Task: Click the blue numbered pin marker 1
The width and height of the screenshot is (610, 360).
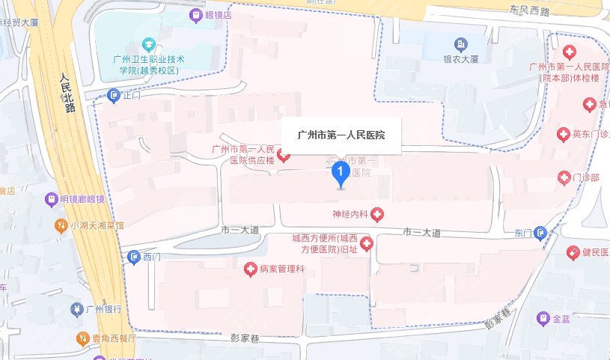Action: tap(341, 175)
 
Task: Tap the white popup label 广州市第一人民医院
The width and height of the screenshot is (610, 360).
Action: tap(341, 135)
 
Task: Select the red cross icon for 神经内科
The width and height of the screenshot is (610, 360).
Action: tap(377, 215)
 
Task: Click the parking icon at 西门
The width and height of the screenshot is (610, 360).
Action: tap(134, 257)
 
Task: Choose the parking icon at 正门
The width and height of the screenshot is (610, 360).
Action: tap(113, 95)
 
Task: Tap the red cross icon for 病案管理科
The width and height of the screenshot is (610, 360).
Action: tap(251, 268)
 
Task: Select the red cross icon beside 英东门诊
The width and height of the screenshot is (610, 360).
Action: tap(564, 135)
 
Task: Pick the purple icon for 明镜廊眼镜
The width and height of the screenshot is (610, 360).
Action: tap(51, 199)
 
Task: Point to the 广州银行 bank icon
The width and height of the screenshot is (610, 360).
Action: tap(75, 308)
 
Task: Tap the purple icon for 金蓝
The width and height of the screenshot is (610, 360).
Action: tap(543, 319)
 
